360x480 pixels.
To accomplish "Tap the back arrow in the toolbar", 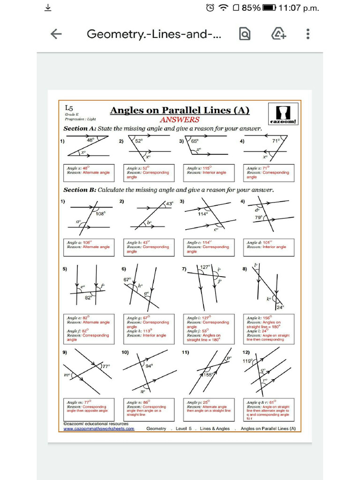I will (56, 34).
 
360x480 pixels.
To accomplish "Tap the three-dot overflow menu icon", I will (307, 34).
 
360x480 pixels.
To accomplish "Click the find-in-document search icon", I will (245, 34).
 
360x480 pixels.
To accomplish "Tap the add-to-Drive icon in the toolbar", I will (279, 34).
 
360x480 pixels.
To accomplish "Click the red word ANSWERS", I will (180, 120).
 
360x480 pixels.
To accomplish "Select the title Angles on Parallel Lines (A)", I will (180, 111).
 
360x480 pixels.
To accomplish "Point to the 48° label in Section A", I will (90, 140).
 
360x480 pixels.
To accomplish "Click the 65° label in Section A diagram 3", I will (195, 140).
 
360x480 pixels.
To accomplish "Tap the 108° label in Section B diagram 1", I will (101, 213).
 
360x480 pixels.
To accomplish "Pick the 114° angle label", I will (202, 214).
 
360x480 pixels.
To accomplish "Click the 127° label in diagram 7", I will (205, 267).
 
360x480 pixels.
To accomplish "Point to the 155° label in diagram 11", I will (209, 375).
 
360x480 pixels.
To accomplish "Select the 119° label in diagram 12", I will (247, 361).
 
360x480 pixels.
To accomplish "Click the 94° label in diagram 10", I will (150, 366).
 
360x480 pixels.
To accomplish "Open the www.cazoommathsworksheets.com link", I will (99, 428).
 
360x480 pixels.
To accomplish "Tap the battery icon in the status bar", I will (269, 7).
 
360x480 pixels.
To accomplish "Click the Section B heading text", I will (168, 190).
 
